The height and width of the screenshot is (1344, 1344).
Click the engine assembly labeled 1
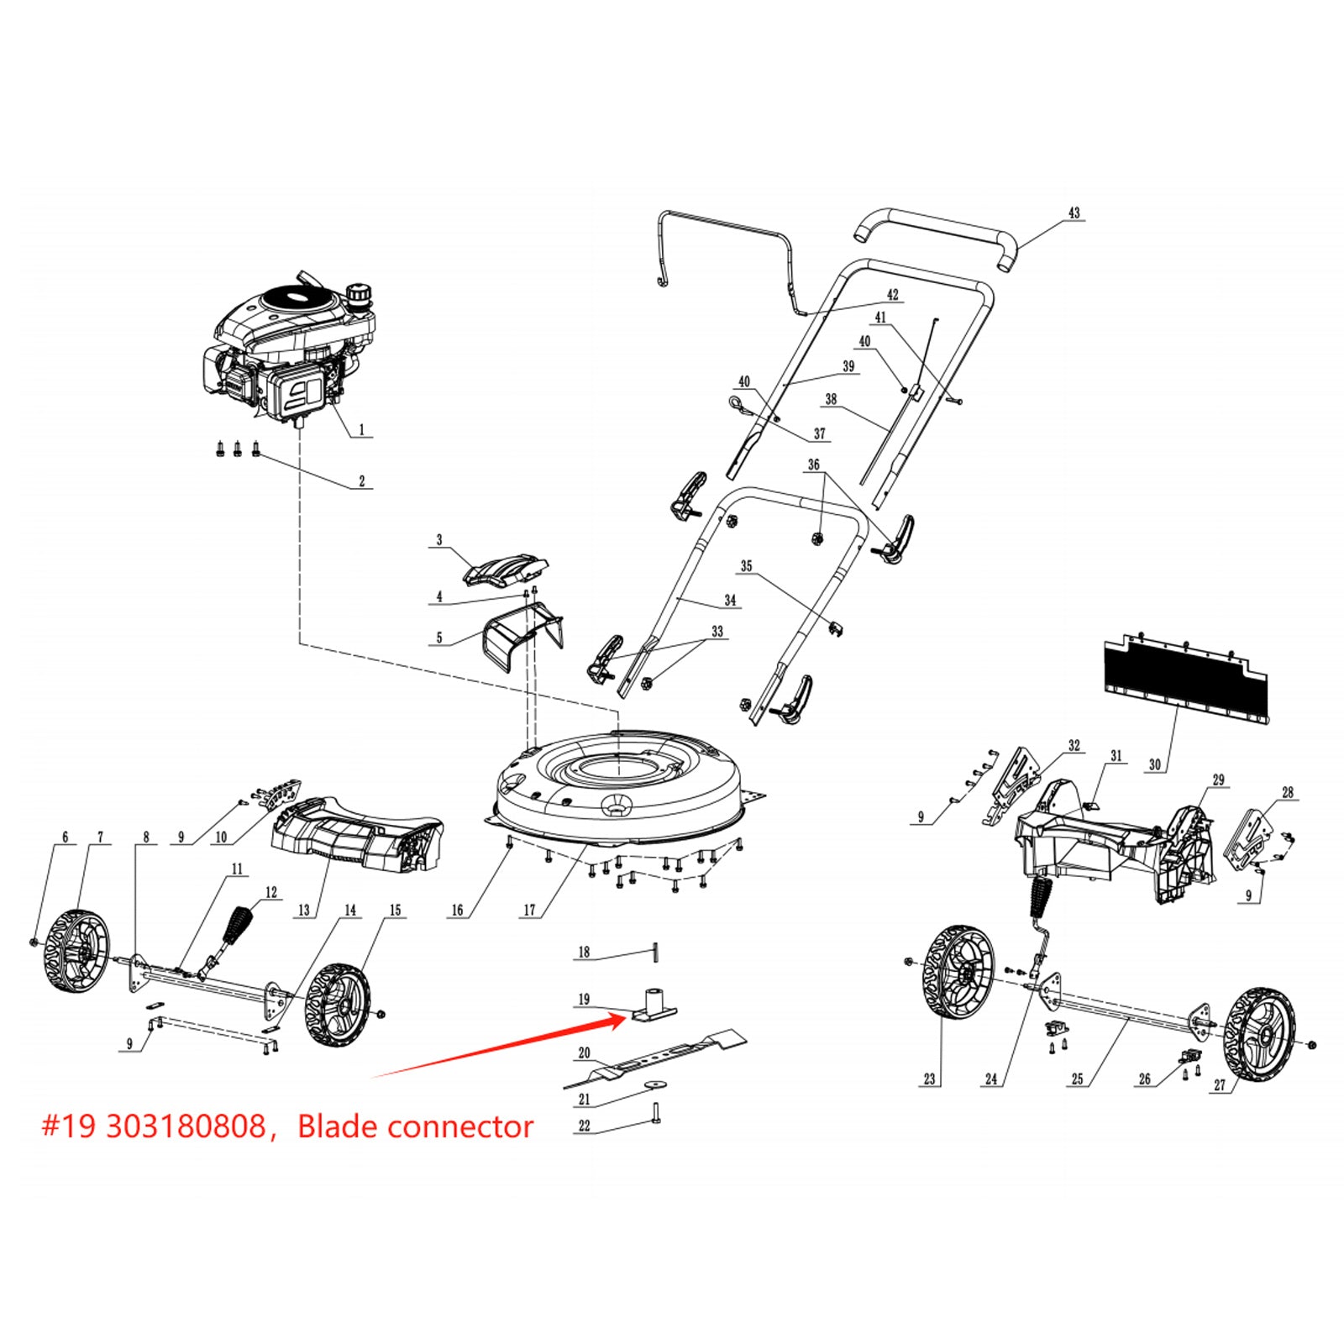(286, 353)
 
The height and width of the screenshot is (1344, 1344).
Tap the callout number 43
(1074, 213)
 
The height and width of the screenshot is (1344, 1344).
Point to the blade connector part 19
(655, 1005)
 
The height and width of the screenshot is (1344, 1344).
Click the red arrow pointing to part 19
(504, 1047)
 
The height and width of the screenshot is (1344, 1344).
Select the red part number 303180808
(186, 1126)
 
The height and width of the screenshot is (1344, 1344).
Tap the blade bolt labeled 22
(656, 1114)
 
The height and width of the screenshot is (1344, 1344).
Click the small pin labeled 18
(656, 953)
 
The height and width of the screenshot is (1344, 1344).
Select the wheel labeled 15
(336, 1005)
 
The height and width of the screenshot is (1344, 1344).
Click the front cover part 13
(357, 836)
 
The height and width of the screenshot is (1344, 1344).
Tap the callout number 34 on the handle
(730, 601)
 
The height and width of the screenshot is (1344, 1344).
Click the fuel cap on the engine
(361, 294)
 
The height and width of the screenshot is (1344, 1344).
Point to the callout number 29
(1218, 780)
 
